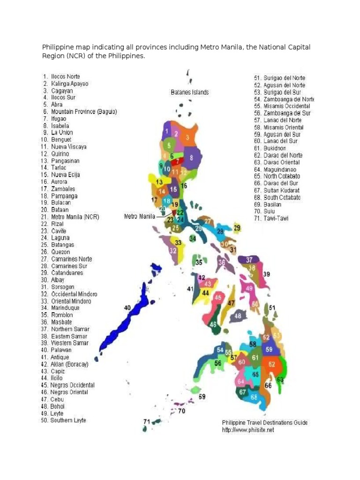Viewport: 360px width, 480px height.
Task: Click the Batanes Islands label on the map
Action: pos(189,92)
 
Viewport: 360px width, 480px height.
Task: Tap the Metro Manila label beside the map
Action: pos(140,217)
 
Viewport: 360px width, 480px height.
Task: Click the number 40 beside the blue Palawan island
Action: pos(127,307)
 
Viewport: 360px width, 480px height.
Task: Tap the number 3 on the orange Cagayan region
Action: pos(187,137)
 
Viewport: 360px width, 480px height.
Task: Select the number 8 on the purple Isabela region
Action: pos(191,157)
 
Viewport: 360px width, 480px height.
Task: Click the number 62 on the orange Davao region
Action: pos(272,364)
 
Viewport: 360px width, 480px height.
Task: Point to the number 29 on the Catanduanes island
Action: pos(237,228)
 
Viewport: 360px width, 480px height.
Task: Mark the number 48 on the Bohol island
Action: pos(238,316)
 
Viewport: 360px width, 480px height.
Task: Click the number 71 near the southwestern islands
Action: pos(147,421)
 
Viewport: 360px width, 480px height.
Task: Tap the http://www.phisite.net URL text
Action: pos(248,430)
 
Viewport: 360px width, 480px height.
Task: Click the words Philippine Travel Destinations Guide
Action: pos(265,422)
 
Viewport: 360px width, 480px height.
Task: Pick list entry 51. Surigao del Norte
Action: pos(280,78)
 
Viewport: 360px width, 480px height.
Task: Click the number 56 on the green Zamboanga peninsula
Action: pos(218,363)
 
